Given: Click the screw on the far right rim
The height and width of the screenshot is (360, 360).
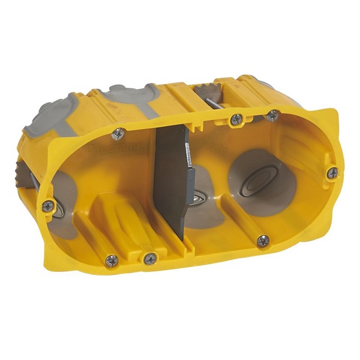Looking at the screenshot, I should coord(332,173).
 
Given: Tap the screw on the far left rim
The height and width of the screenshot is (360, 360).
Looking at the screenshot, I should coord(47,205).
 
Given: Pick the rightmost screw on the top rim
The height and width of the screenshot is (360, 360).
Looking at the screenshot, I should coord(272,115).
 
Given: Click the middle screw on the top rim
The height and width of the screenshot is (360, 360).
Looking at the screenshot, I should coord(236,119).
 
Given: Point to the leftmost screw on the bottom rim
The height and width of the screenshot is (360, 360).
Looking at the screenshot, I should coord(112,260).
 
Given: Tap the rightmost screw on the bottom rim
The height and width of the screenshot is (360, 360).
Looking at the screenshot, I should coord(263,241).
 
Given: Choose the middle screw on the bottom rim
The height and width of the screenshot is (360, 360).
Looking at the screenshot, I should coord(150,258).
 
